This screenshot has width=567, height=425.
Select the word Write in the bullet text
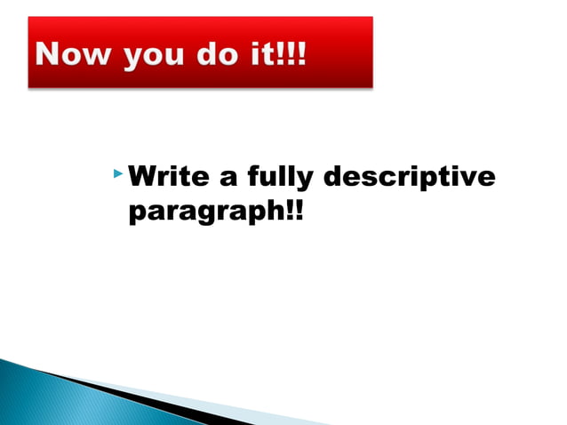(167, 178)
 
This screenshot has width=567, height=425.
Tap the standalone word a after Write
(228, 179)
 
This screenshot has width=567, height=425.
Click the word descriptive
(409, 179)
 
